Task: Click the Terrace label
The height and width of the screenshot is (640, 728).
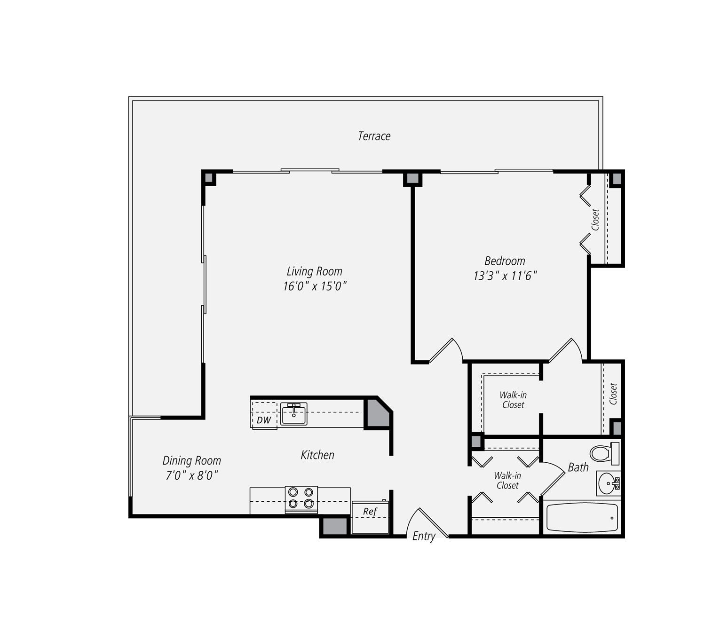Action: [374, 136]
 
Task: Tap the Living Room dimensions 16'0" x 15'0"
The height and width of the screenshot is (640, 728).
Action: [315, 286]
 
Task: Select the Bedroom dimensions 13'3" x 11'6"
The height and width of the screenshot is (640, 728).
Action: [505, 276]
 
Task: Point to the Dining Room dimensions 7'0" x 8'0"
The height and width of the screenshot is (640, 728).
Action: [191, 475]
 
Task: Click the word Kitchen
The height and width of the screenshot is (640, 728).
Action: [317, 455]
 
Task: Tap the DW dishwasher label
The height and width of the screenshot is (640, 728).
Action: [264, 420]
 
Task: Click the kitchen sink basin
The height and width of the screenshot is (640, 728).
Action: [293, 414]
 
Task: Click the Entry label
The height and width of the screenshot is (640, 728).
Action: [424, 536]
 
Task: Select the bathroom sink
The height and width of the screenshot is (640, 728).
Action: [609, 483]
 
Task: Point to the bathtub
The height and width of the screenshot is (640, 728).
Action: [582, 518]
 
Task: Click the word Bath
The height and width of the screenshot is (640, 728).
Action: [578, 467]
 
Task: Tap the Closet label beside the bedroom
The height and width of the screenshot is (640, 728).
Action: [595, 220]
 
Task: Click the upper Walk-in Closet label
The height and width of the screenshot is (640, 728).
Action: [513, 400]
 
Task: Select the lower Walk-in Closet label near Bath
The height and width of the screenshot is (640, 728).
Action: [507, 481]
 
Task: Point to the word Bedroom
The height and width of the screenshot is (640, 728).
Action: [505, 261]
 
